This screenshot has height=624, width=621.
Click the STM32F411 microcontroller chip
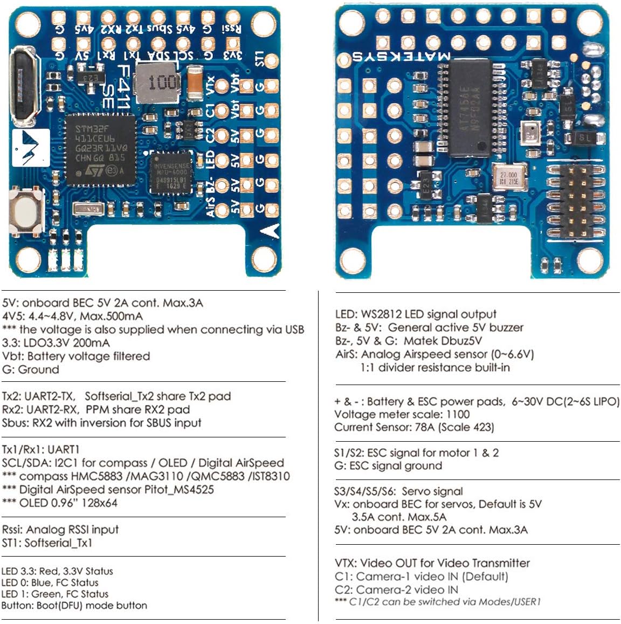coord(100,147)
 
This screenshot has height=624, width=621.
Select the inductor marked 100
coord(156,83)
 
